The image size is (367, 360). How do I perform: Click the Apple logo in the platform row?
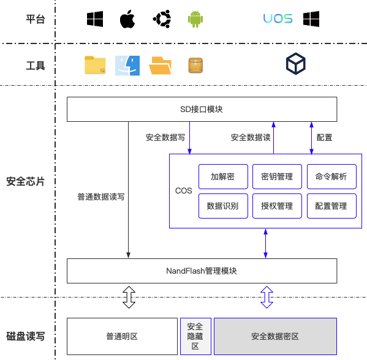[127, 19]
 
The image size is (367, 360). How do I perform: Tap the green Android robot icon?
[195, 19]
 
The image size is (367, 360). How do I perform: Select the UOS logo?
[278, 18]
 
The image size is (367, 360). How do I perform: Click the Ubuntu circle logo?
[162, 19]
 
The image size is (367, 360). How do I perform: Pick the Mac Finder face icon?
[127, 66]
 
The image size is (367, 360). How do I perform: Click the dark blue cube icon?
[295, 64]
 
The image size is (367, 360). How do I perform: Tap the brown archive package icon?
[195, 66]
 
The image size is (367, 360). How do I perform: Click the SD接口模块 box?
[202, 109]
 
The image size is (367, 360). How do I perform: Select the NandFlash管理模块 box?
[202, 271]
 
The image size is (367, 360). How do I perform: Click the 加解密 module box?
[223, 176]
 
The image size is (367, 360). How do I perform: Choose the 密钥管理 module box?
[277, 176]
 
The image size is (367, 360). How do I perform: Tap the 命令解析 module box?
[331, 176]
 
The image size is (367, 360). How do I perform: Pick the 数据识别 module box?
[223, 206]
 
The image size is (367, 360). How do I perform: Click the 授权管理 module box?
[277, 206]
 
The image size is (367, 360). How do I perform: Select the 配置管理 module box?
[331, 206]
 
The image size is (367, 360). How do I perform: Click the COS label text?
[184, 191]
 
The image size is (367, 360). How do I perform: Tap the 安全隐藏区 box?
[195, 336]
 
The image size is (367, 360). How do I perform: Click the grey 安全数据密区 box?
[275, 336]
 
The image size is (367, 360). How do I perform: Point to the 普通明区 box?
[122, 336]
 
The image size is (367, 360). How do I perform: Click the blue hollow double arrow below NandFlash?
[267, 297]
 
